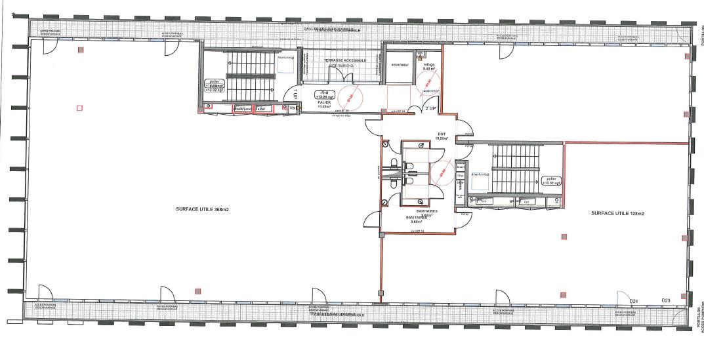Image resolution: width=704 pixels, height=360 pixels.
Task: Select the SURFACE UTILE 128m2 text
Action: [x=617, y=213]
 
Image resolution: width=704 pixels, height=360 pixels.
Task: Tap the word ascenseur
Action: [x=400, y=65]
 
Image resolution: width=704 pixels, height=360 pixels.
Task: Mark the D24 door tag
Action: [x=634, y=300]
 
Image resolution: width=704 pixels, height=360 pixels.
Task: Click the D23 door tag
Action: [x=665, y=300]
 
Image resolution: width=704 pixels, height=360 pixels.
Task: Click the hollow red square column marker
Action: [x=80, y=107]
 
